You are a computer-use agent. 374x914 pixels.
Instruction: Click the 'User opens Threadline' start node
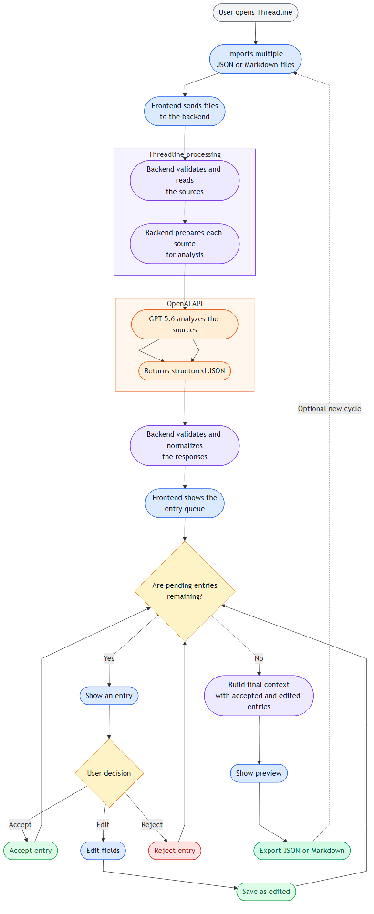[x=255, y=12]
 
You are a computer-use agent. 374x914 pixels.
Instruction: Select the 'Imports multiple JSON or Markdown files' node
[x=255, y=59]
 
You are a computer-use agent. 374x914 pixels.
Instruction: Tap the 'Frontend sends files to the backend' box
[x=185, y=111]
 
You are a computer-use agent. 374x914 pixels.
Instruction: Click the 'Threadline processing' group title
[x=185, y=154]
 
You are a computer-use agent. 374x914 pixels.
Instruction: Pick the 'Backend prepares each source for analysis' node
[x=185, y=244]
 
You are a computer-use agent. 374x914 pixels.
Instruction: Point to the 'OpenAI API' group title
[x=185, y=304]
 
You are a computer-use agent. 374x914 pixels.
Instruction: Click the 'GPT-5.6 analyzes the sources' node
[x=185, y=324]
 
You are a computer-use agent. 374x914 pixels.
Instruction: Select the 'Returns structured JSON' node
[x=185, y=371]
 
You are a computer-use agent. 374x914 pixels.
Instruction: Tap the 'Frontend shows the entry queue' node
[x=185, y=503]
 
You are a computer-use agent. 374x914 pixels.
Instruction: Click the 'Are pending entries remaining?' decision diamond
[x=185, y=591]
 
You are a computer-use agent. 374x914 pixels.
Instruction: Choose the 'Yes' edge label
[x=109, y=658]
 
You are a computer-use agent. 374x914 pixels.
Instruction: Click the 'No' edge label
[x=259, y=658]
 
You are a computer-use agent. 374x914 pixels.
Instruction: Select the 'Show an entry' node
[x=109, y=696]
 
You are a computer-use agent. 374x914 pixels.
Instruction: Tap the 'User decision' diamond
[x=109, y=773]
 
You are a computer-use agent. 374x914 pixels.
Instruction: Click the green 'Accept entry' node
[x=31, y=851]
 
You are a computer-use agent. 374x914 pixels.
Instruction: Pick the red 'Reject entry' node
[x=175, y=851]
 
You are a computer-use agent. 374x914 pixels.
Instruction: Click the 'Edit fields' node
[x=103, y=851]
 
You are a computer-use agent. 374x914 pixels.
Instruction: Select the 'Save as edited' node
[x=266, y=892]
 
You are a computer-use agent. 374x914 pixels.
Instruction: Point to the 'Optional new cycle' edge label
[x=330, y=409]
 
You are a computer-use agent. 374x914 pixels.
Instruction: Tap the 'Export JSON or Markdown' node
[x=302, y=851]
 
